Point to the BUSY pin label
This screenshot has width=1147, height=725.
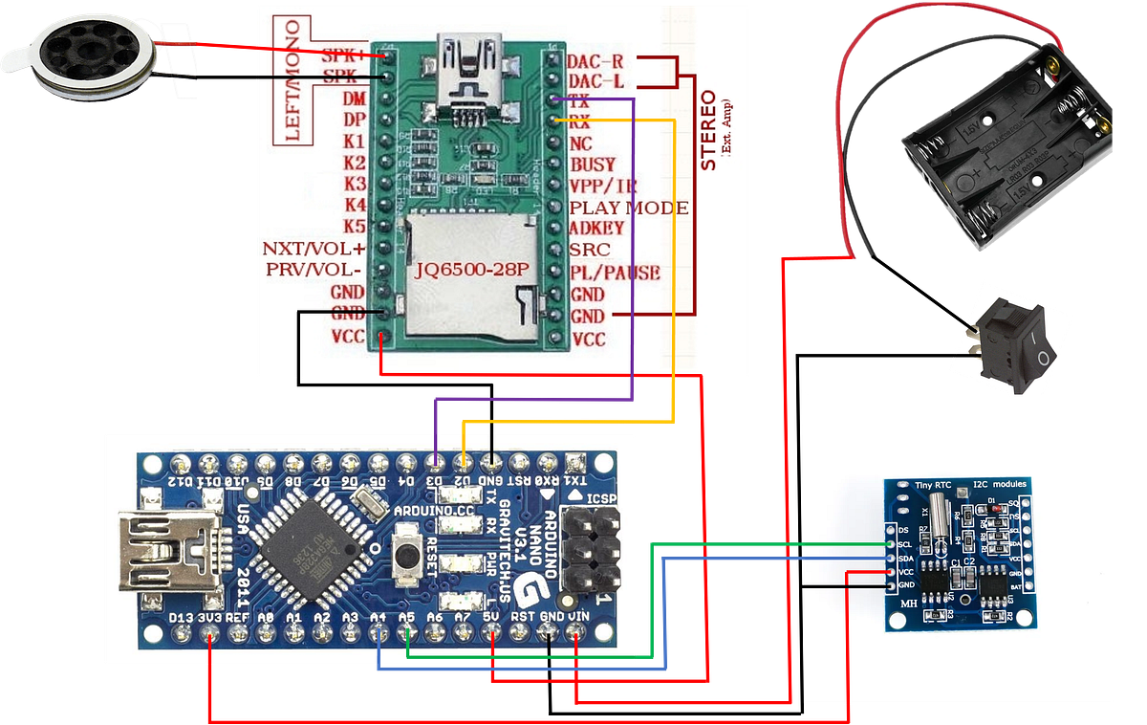pyautogui.click(x=593, y=165)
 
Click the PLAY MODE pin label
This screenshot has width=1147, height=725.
pyautogui.click(x=628, y=208)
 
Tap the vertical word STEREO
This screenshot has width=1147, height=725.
pyautogui.click(x=709, y=130)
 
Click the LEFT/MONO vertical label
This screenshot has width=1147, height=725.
pyautogui.click(x=292, y=79)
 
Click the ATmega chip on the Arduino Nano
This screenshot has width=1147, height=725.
pyautogui.click(x=309, y=546)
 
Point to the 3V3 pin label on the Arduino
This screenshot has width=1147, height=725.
pyautogui.click(x=207, y=618)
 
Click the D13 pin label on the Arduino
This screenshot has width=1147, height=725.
pyautogui.click(x=180, y=618)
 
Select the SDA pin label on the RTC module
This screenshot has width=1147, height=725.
pyautogui.click(x=904, y=557)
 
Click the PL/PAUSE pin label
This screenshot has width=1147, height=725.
pyautogui.click(x=615, y=273)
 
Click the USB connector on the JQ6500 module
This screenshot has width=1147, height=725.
pyautogui.click(x=467, y=61)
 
